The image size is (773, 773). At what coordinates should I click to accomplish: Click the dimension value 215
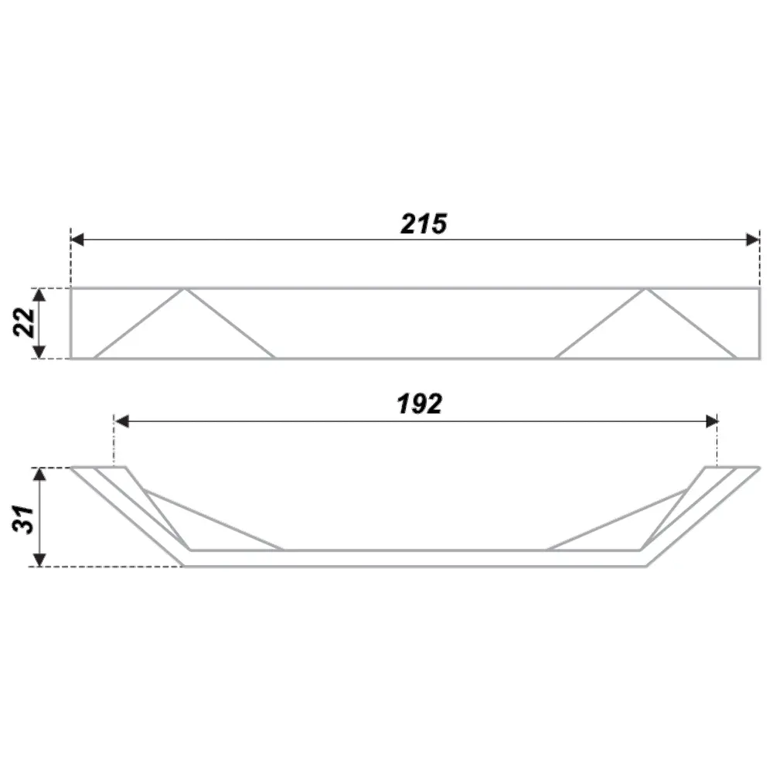pos(424,224)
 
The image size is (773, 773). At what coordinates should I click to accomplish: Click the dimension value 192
pos(420,404)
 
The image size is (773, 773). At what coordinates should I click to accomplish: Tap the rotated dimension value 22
pos(25,322)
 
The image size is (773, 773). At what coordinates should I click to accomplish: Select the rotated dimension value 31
pos(24,519)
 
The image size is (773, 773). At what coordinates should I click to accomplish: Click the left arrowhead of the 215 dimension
pos(77,240)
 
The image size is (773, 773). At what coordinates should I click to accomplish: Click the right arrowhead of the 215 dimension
pos(753,240)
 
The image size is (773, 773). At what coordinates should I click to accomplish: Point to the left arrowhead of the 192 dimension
pos(121,421)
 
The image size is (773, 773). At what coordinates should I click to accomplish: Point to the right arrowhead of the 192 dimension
pos(711,421)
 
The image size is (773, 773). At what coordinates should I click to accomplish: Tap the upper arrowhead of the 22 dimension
pos(39,295)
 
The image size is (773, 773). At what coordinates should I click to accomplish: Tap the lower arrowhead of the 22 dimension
pos(39,352)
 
